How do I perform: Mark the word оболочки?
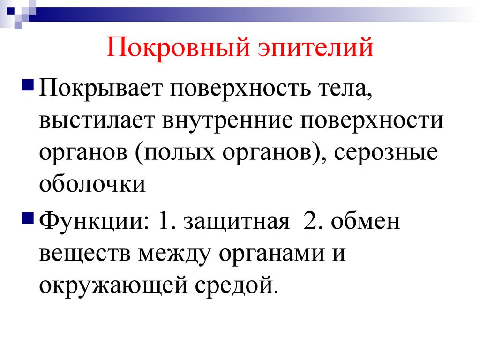[93, 183]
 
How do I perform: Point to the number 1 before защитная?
[165, 222]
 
